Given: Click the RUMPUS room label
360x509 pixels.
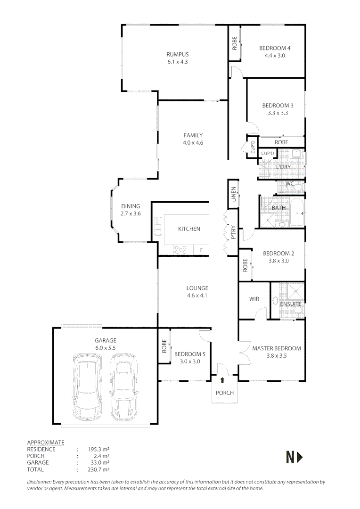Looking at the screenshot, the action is (178, 55).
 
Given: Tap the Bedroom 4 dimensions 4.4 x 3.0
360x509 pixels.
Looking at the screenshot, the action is (275, 56).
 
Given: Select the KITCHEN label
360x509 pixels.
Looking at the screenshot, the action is (189, 229).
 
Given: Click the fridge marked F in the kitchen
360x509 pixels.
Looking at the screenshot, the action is (201, 250).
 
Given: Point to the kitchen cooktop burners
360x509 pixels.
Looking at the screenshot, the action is (180, 250).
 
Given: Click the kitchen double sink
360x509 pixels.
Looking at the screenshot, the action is (158, 226).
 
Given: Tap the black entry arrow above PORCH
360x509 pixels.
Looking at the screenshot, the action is (222, 380).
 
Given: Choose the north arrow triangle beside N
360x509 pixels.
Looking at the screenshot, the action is (300, 458).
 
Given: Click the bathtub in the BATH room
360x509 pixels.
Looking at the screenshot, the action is (297, 213).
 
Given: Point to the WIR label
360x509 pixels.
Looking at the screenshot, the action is (254, 299).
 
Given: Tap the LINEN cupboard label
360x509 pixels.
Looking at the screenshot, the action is (233, 194).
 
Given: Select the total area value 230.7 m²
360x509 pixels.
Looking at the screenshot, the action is (98, 469).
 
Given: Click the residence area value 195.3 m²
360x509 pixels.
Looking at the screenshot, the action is (98, 449).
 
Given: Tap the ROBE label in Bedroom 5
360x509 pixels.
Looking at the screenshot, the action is (164, 346).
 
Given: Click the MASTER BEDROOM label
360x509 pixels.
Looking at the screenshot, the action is (277, 348).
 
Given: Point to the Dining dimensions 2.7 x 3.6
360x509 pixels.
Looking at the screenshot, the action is (131, 213).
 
